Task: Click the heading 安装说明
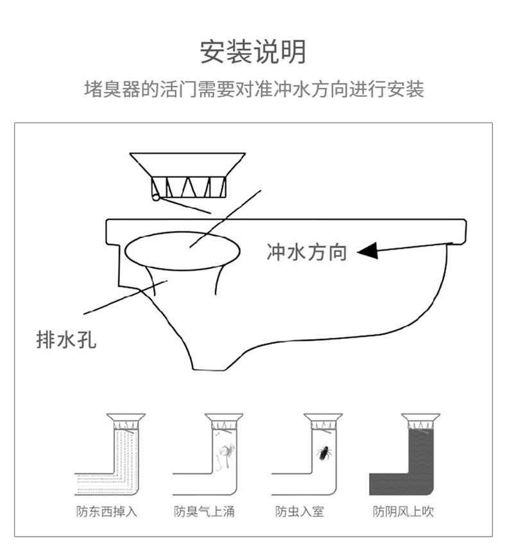(x=253, y=52)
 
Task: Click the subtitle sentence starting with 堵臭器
(x=254, y=89)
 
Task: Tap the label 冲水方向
(x=306, y=252)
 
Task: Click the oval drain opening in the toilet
(x=182, y=250)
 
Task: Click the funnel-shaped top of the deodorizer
(x=187, y=164)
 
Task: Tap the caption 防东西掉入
(x=107, y=512)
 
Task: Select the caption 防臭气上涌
(x=204, y=512)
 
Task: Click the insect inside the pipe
(x=323, y=454)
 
